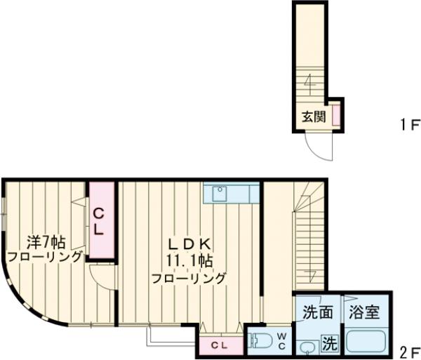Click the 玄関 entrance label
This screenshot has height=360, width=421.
point(313,117)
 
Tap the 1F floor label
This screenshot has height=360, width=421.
point(409,125)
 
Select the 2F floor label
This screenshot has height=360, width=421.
point(409,351)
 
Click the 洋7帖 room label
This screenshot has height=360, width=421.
point(46,243)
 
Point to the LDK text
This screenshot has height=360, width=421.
point(189,244)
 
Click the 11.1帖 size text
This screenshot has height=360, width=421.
point(189,260)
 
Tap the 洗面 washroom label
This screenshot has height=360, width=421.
point(317,312)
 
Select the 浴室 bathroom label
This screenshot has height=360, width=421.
point(363,312)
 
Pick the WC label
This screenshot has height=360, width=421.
point(280,340)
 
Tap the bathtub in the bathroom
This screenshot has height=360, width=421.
point(367,341)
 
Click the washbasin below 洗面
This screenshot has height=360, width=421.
point(307,346)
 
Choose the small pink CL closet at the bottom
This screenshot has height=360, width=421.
point(218,345)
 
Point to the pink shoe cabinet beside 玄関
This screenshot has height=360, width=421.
point(336,115)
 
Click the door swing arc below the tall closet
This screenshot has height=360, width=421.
point(104,276)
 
